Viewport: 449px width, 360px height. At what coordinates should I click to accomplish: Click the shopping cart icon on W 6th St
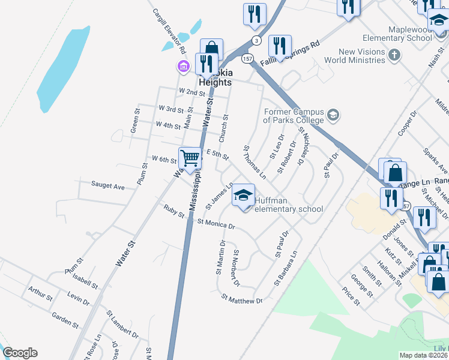pos(190,159)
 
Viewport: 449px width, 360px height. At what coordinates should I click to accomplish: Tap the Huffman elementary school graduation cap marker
pos(243,196)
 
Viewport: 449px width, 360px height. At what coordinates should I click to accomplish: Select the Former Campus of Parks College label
pos(294,116)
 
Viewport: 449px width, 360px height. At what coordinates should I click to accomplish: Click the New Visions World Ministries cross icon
pos(394,56)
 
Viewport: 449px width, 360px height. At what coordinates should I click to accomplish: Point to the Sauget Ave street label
pos(107,187)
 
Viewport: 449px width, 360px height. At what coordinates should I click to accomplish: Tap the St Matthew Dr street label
pos(242,298)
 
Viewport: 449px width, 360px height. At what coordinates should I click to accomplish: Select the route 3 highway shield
pos(256,40)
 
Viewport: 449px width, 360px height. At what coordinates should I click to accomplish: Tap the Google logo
pos(20,353)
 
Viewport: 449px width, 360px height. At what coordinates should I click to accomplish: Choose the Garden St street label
pos(65,320)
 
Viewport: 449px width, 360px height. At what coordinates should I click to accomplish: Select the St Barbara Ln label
pos(286,268)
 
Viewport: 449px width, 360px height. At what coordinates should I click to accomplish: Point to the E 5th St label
pos(218,155)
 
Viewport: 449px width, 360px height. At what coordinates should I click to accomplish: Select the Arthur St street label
pos(40,293)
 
